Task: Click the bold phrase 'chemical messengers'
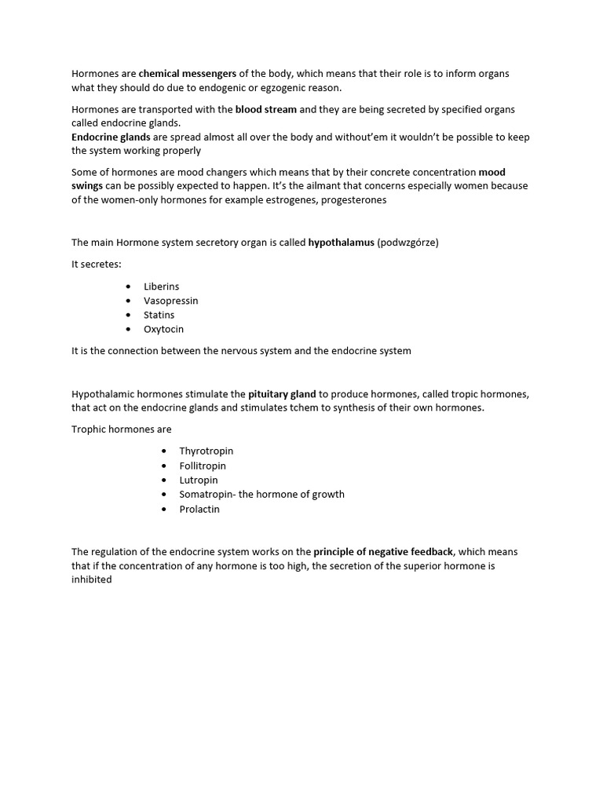pyautogui.click(x=188, y=74)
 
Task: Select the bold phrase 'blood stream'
pyautogui.click(x=266, y=109)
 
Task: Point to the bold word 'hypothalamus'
pyautogui.click(x=341, y=243)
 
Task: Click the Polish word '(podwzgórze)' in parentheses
pyautogui.click(x=407, y=243)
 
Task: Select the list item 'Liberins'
pyautogui.click(x=161, y=287)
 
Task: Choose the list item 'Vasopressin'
pyautogui.click(x=170, y=301)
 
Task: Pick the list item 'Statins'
pyautogui.click(x=159, y=315)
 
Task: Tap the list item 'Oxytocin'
pyautogui.click(x=163, y=329)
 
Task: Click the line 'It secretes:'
pyautogui.click(x=97, y=265)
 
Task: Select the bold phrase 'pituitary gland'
pyautogui.click(x=282, y=394)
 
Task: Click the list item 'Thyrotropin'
pyautogui.click(x=206, y=451)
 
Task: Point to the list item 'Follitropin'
pyautogui.click(x=202, y=466)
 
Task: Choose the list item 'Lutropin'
pyautogui.click(x=198, y=480)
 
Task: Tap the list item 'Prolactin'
pyautogui.click(x=199, y=509)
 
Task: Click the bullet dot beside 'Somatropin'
pyautogui.click(x=163, y=495)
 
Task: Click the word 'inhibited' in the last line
pyautogui.click(x=92, y=580)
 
